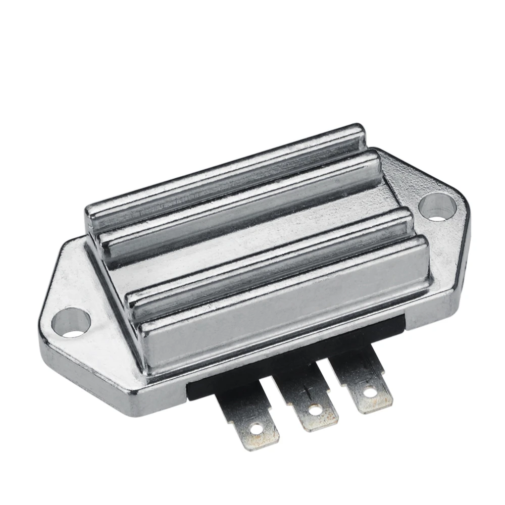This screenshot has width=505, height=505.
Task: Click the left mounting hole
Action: [72, 323]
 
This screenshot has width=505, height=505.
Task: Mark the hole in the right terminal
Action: [371, 391]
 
